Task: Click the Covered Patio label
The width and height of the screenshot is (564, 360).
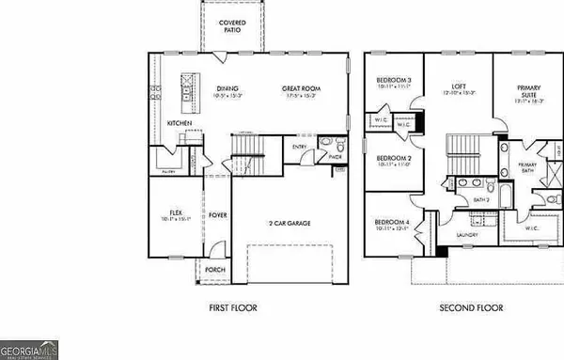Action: (227, 25)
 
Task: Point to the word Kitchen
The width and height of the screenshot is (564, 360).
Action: (180, 123)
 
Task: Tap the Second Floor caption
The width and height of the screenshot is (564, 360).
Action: (471, 307)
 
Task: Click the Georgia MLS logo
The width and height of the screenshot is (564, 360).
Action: (29, 350)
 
